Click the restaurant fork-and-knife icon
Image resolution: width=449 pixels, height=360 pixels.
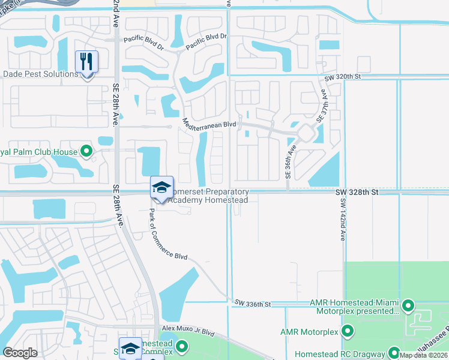[86, 61]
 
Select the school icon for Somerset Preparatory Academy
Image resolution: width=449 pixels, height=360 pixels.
[161, 188]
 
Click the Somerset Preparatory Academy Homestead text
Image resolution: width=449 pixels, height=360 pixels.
[208, 196]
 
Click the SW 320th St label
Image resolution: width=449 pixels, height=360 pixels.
[342, 78]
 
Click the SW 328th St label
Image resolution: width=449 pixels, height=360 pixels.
[357, 192]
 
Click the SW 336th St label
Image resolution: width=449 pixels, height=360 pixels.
[253, 304]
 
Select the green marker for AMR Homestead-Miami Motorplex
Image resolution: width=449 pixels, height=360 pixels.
[408, 305]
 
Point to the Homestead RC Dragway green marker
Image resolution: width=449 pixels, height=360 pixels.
[394, 352]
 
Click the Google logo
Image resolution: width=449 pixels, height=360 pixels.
[20, 353]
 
